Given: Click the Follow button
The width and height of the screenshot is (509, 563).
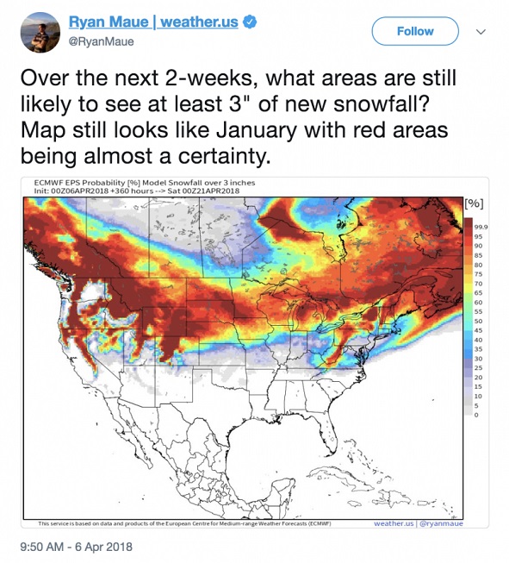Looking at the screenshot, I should click(x=414, y=31).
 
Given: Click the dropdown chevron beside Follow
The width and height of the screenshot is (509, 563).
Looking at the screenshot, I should click(x=481, y=31).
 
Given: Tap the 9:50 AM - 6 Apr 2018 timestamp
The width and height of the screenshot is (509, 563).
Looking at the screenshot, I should click(x=75, y=546).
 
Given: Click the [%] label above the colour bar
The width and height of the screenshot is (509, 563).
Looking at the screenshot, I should click(x=474, y=203).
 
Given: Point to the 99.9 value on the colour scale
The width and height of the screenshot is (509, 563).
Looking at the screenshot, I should click(x=481, y=225).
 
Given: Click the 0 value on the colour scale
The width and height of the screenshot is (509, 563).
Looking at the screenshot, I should click(x=477, y=415).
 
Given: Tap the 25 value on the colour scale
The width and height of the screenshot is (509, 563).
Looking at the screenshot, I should click(x=480, y=367).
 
